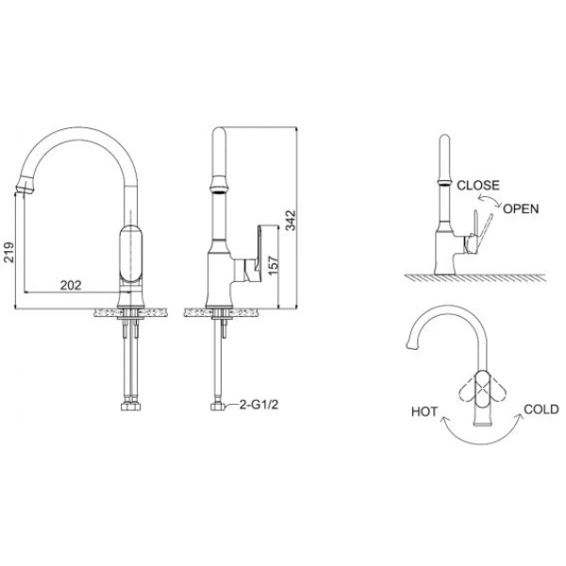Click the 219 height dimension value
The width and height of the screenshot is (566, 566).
click(8, 252)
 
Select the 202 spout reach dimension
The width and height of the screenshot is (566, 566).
click(71, 285)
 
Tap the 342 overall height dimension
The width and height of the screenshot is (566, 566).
click(291, 220)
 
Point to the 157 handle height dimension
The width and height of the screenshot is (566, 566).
click(274, 265)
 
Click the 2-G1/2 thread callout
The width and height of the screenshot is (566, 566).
click(259, 405)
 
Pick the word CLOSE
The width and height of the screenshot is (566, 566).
click(478, 185)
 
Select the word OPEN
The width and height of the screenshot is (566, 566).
click(521, 208)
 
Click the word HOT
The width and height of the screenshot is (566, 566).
click(424, 411)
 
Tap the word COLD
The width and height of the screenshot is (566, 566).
click(541, 409)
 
